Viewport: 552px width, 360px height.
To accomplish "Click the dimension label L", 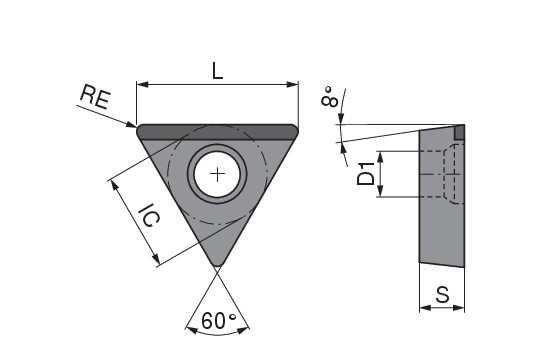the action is click(x=218, y=71).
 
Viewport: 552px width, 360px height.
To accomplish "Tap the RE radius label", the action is click(x=95, y=97).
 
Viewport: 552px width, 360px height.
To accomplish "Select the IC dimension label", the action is click(x=149, y=215).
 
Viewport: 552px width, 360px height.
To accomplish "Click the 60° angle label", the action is click(x=218, y=320).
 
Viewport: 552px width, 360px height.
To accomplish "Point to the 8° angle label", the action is click(x=330, y=96).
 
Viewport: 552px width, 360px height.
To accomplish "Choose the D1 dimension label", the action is click(x=366, y=173).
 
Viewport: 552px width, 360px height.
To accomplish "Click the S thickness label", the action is click(x=442, y=295).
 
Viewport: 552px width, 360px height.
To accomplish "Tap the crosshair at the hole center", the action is click(x=217, y=174).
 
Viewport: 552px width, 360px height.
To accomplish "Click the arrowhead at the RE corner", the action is click(x=132, y=124).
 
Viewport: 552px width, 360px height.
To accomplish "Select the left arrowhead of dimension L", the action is click(x=142, y=84).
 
